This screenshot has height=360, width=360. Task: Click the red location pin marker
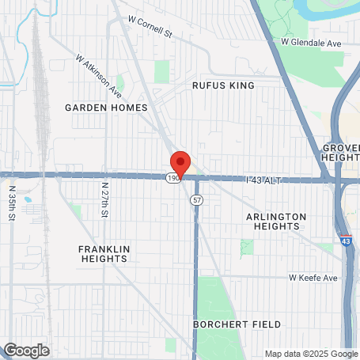(180, 162)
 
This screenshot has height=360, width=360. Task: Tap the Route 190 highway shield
(172, 179)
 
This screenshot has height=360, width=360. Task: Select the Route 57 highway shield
(195, 200)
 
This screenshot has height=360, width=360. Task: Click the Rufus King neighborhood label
(224, 84)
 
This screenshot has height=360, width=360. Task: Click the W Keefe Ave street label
(313, 278)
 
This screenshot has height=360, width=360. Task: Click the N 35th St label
(11, 202)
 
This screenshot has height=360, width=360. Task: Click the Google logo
(26, 350)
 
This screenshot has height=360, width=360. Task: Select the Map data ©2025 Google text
(311, 354)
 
